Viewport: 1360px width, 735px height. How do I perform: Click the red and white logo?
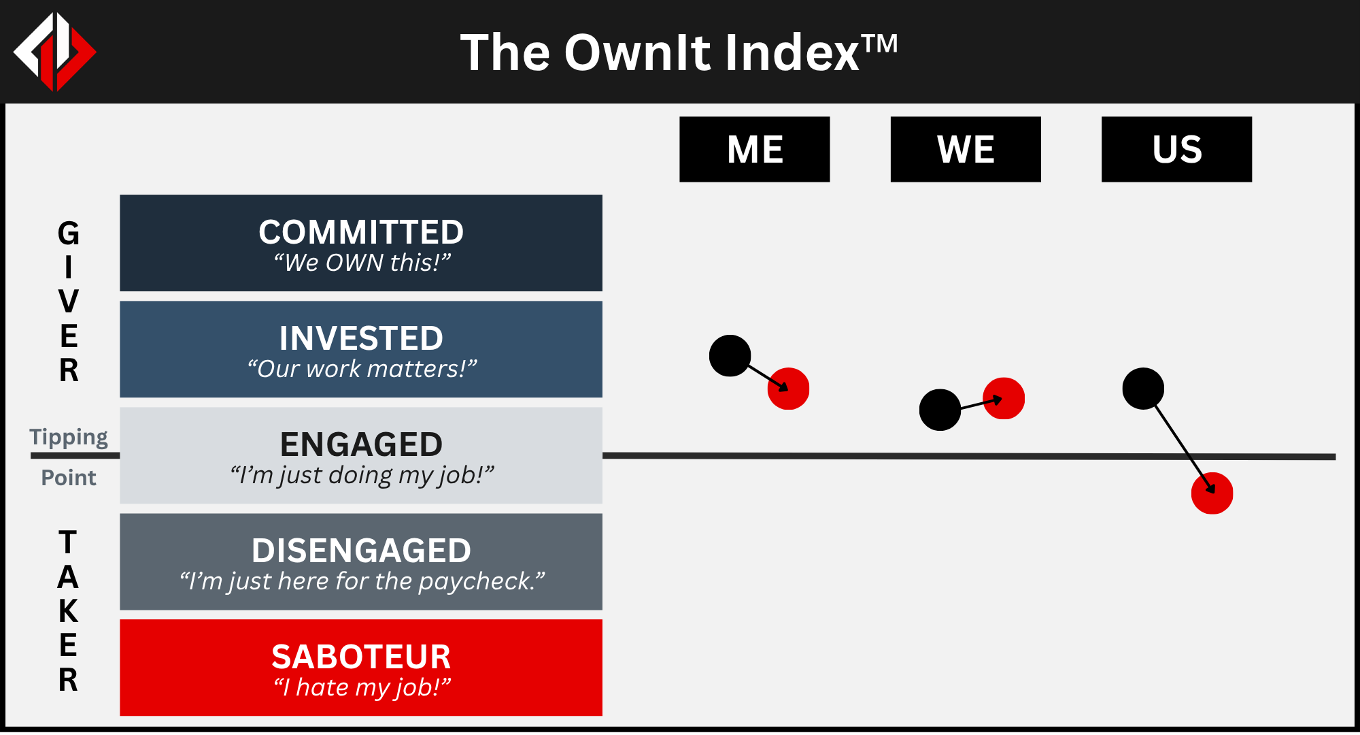click(55, 52)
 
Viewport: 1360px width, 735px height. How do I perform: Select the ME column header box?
click(755, 149)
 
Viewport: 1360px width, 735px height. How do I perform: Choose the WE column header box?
click(966, 149)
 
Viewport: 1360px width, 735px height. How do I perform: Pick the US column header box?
click(1176, 149)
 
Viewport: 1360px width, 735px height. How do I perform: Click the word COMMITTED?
click(361, 232)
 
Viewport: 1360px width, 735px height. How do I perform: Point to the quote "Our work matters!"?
click(362, 369)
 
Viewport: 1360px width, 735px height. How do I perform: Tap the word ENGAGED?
click(361, 444)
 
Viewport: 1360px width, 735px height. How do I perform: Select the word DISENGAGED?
click(361, 551)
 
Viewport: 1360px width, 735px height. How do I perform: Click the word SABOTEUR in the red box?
click(361, 657)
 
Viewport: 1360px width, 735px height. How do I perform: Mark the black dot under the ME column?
click(730, 355)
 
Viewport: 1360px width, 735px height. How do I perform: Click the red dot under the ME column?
click(789, 389)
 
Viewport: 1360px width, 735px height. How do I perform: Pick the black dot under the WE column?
click(940, 410)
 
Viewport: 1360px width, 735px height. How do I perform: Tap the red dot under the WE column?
click(1004, 398)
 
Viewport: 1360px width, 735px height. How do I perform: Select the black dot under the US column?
click(1143, 389)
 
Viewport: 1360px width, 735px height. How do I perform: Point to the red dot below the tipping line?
click(1212, 493)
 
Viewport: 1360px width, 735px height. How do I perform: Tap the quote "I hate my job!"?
click(362, 687)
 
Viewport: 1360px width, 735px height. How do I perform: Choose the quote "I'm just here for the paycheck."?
click(362, 581)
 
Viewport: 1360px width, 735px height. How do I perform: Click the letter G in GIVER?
click(69, 234)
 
